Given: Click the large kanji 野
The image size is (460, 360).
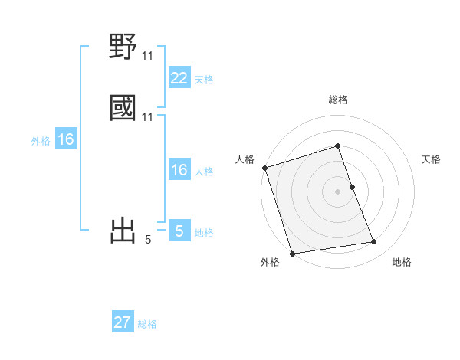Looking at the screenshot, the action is coord(123,47).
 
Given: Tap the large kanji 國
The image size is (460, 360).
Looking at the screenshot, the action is coord(123,107).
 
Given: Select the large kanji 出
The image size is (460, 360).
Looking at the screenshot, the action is coord(123,230).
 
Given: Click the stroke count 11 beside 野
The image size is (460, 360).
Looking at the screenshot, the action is coord(148,56).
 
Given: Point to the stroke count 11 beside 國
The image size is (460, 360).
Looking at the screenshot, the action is coord(148,117).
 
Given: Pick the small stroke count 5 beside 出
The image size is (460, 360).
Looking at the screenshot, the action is coord(148,240).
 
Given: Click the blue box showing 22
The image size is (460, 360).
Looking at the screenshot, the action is coord(179,78).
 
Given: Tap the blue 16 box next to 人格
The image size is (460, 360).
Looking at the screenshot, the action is coord(179,171).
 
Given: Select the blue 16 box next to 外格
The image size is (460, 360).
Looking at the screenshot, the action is coord(66,140).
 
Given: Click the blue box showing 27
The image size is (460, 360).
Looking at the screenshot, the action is coord(123,322).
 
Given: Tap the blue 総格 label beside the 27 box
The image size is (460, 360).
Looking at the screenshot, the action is coord(147,324).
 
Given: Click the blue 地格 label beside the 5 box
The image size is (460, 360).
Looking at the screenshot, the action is coord(204,233).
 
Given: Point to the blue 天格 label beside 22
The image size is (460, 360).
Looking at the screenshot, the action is coord(204,80).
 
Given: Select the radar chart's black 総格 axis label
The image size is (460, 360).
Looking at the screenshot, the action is coord(338,100).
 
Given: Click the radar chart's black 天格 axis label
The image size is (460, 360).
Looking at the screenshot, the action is coord(432,159).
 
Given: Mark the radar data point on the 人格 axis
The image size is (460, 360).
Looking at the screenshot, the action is coord(264,168).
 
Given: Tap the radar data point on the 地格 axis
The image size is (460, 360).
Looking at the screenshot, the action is coord(374,242).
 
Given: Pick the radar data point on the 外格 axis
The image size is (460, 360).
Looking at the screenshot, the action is coord(292,253).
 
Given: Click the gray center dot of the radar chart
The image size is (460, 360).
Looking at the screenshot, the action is coord(337,191).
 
